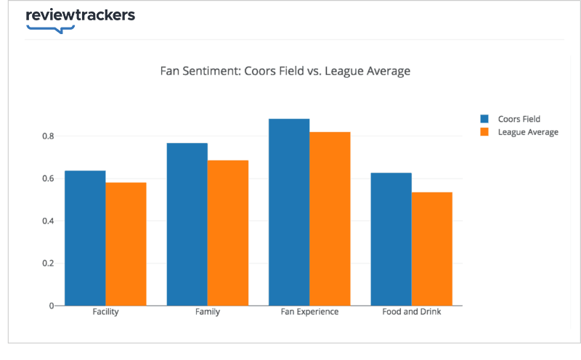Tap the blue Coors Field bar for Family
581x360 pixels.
click(187, 224)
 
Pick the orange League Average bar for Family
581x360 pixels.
click(227, 233)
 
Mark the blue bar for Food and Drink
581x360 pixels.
click(391, 239)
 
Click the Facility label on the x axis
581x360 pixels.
click(105, 312)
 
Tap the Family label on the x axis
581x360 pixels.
click(208, 312)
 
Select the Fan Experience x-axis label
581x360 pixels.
click(309, 312)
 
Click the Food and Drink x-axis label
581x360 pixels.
click(411, 312)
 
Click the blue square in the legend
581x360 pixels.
click(484, 119)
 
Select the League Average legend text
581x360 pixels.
click(528, 132)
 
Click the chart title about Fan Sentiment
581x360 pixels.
click(285, 71)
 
